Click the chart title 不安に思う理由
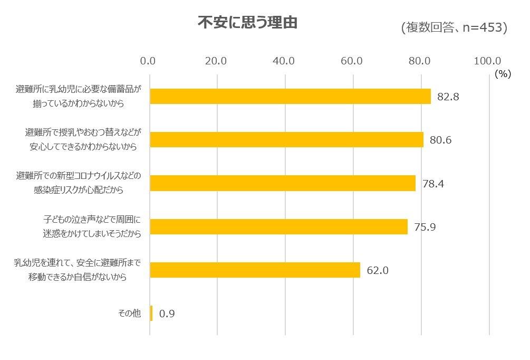(x=247, y=23)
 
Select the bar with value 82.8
(x=290, y=96)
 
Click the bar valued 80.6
(x=286, y=139)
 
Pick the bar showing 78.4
(x=283, y=183)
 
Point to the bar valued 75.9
(x=278, y=226)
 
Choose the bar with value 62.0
(x=255, y=270)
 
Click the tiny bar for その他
(x=151, y=314)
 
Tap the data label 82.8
(x=447, y=97)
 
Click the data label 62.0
(x=378, y=271)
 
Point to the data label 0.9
(x=167, y=314)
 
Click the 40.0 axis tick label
(x=284, y=61)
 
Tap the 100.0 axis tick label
(x=487, y=61)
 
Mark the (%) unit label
(x=503, y=74)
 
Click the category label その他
(x=130, y=314)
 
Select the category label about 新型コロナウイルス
(x=80, y=183)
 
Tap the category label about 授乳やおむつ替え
(x=83, y=139)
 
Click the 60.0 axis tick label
(x=352, y=61)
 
